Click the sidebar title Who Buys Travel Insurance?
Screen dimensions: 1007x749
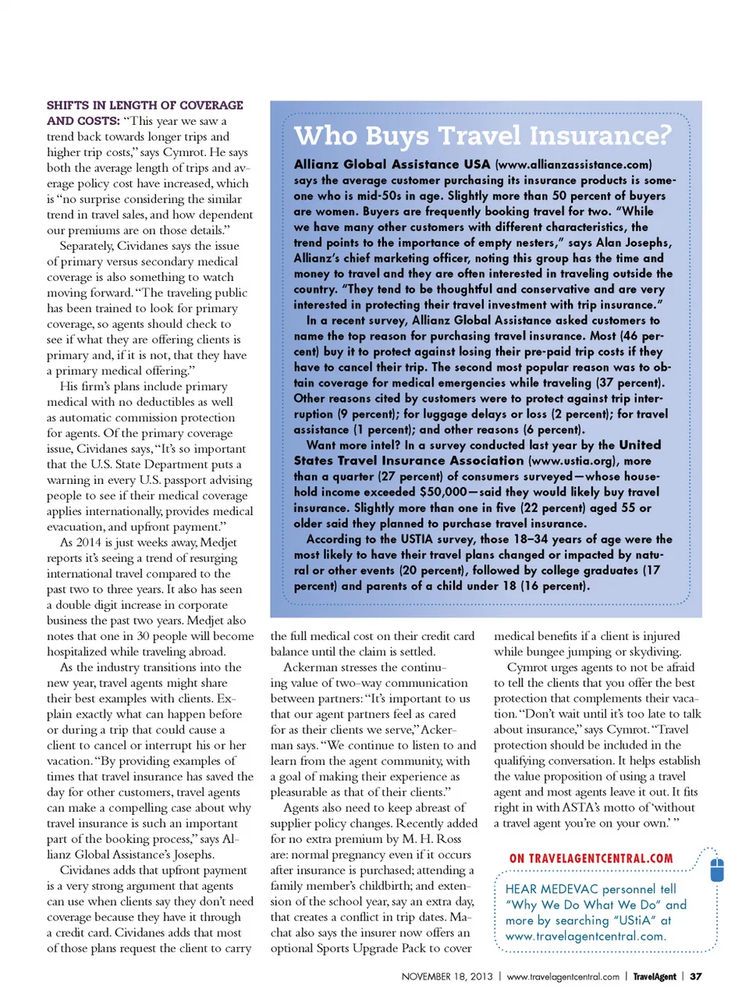point(482,136)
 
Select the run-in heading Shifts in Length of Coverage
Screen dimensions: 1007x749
point(144,105)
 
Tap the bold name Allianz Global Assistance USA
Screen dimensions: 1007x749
point(392,165)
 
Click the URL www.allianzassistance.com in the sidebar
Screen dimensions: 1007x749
point(573,165)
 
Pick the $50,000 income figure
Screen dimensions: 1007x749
point(443,493)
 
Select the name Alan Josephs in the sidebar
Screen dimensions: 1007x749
point(632,243)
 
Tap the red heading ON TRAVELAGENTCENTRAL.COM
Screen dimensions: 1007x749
point(591,859)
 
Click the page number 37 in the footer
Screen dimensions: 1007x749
point(696,977)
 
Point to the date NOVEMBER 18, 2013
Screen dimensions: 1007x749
point(447,977)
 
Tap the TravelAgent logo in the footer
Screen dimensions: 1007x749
point(654,977)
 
